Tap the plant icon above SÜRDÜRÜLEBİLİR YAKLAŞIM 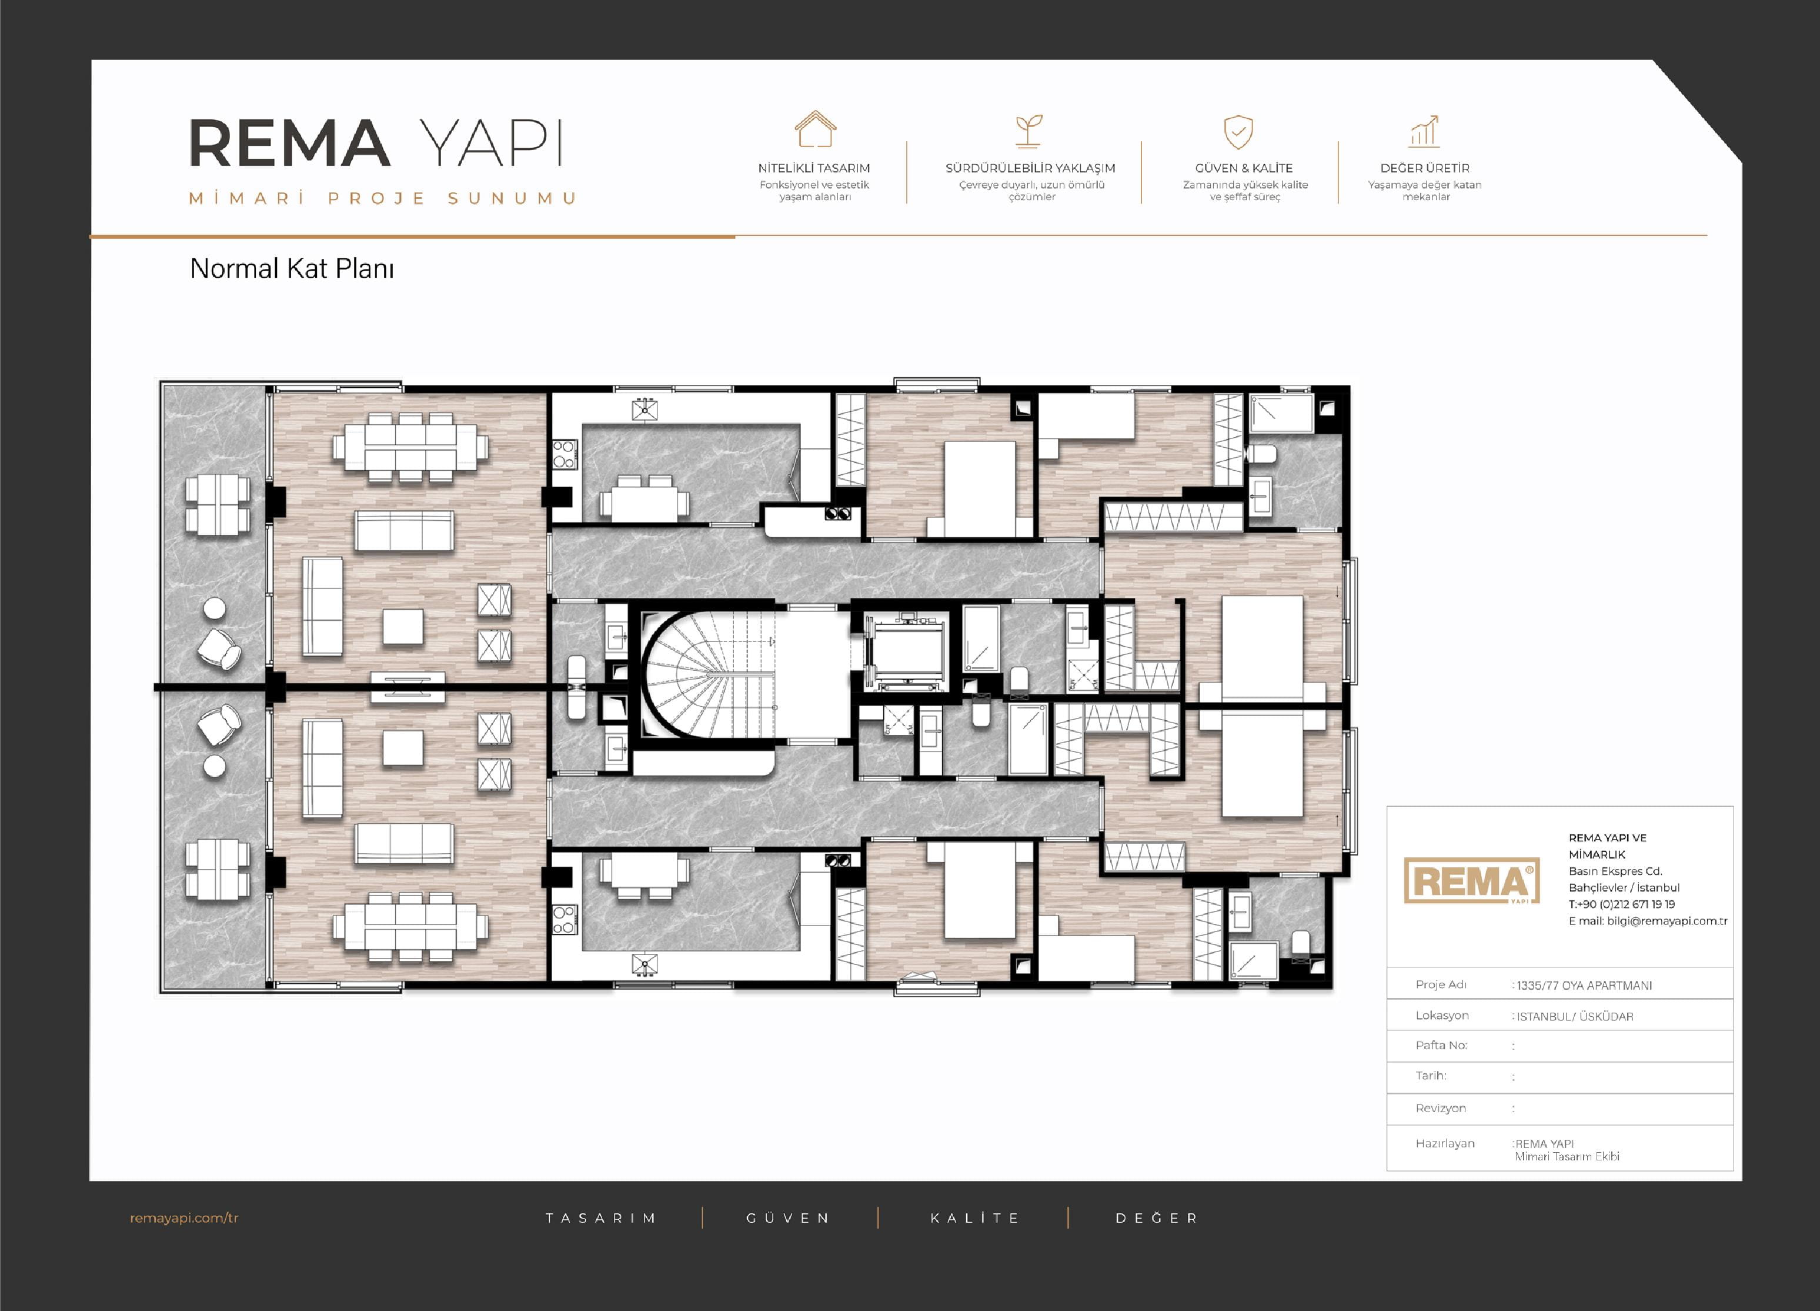click(1028, 131)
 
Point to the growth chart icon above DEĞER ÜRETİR click(1424, 131)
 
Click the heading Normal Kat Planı click(292, 268)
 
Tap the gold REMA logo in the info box click(1472, 881)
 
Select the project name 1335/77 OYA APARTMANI click(1584, 985)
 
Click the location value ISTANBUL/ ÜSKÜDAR click(1574, 1016)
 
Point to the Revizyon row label click(1441, 1108)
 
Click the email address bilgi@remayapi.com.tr click(1667, 921)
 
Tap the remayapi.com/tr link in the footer click(184, 1218)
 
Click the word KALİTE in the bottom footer click(974, 1218)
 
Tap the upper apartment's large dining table click(410, 447)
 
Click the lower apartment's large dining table click(410, 927)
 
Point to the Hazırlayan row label click(1444, 1143)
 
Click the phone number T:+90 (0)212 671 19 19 click(1622, 904)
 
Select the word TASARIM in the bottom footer click(600, 1218)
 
